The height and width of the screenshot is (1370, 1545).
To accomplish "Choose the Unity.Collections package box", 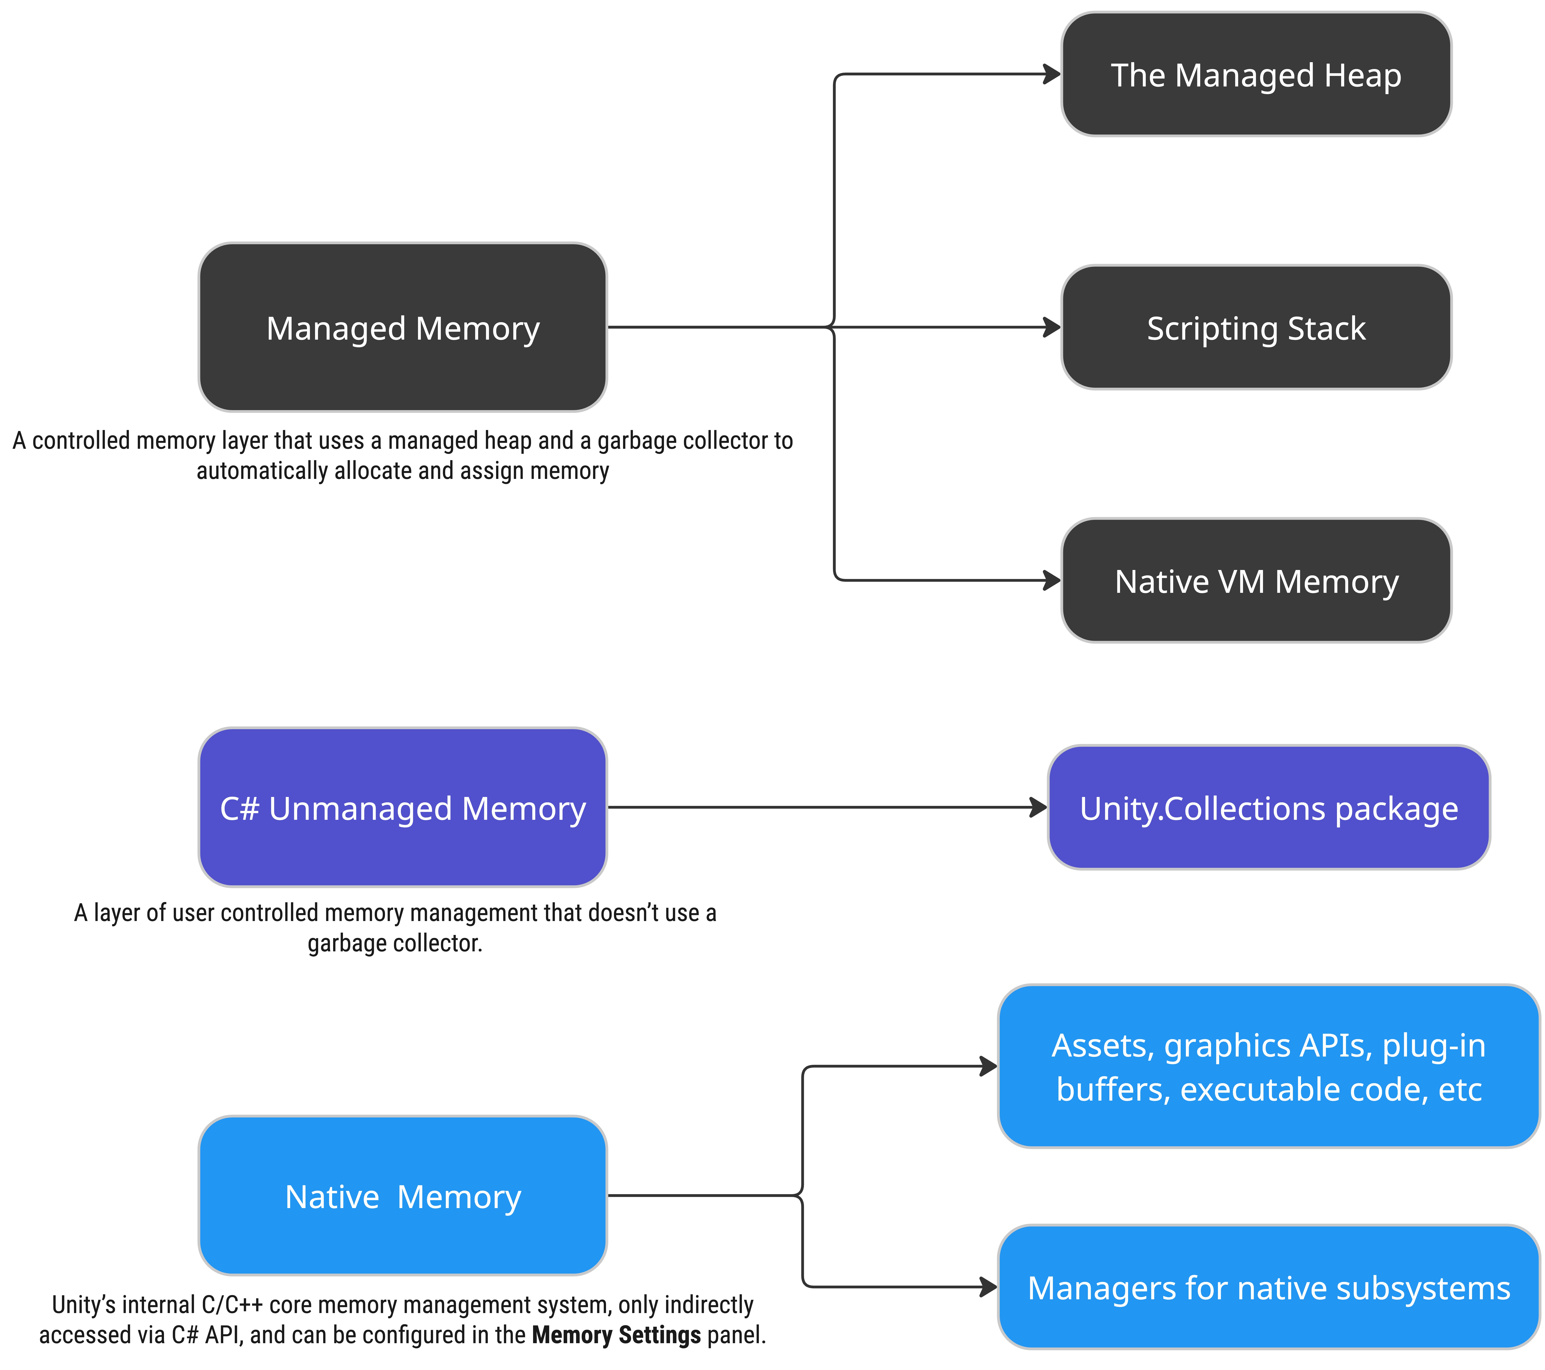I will pos(1268,808).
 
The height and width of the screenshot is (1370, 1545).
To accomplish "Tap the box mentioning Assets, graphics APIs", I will pos(1268,1066).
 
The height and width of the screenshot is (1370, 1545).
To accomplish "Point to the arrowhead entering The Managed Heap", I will pos(1052,74).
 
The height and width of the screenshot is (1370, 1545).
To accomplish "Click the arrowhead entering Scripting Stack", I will pos(1052,327).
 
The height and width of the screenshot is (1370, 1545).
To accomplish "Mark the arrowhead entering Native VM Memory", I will pos(1052,581).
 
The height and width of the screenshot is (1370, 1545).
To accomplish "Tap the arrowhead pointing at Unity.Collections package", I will pos(1039,808).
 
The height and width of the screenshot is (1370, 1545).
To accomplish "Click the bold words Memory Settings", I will pos(616,1335).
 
